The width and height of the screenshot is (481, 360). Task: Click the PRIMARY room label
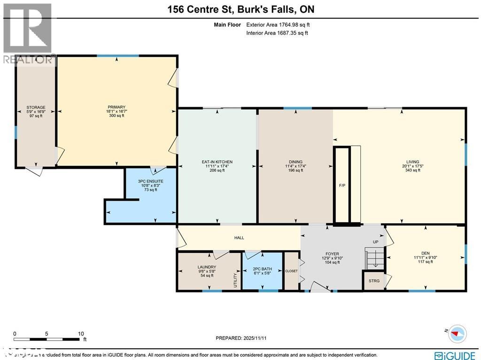point(116,107)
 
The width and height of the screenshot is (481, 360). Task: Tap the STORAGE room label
point(36,108)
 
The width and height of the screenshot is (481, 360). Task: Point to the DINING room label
point(295,162)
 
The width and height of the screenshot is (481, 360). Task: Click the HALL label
point(239,238)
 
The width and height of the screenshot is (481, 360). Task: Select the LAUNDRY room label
point(207,267)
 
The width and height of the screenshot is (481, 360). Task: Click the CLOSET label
point(291,271)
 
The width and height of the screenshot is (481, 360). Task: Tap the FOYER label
point(332,254)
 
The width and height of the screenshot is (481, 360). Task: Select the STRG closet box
point(374,281)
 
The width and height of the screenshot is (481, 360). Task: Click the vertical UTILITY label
point(236,280)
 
